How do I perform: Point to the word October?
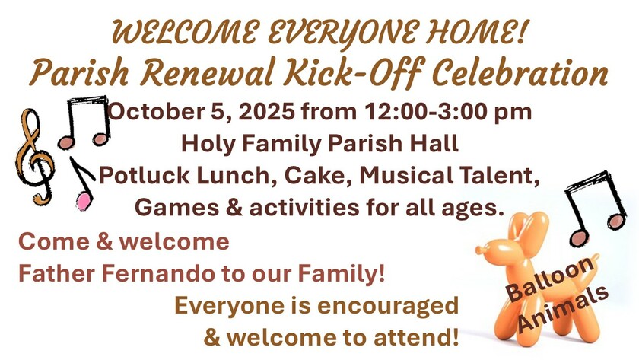(x=157, y=111)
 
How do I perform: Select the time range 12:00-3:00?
(x=425, y=111)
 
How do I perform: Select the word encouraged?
(x=388, y=305)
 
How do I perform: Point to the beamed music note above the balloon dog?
(x=595, y=208)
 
